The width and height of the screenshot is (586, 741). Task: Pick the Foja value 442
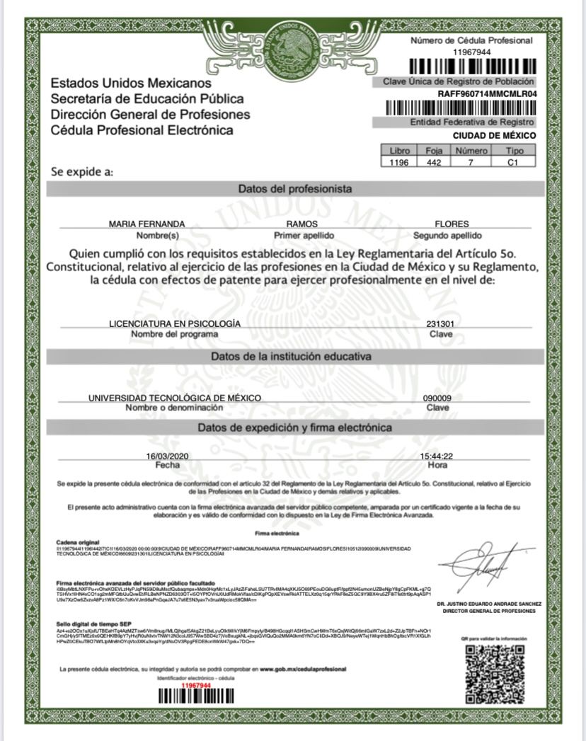(434, 162)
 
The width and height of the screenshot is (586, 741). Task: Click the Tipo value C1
(515, 162)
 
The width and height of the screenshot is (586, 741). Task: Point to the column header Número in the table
(471, 151)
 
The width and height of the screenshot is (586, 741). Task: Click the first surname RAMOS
(293, 224)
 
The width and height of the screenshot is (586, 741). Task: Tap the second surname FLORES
(452, 224)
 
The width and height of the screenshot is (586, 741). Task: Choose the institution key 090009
(437, 398)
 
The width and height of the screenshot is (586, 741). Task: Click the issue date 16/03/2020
(168, 456)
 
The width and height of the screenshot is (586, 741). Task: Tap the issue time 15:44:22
(437, 456)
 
